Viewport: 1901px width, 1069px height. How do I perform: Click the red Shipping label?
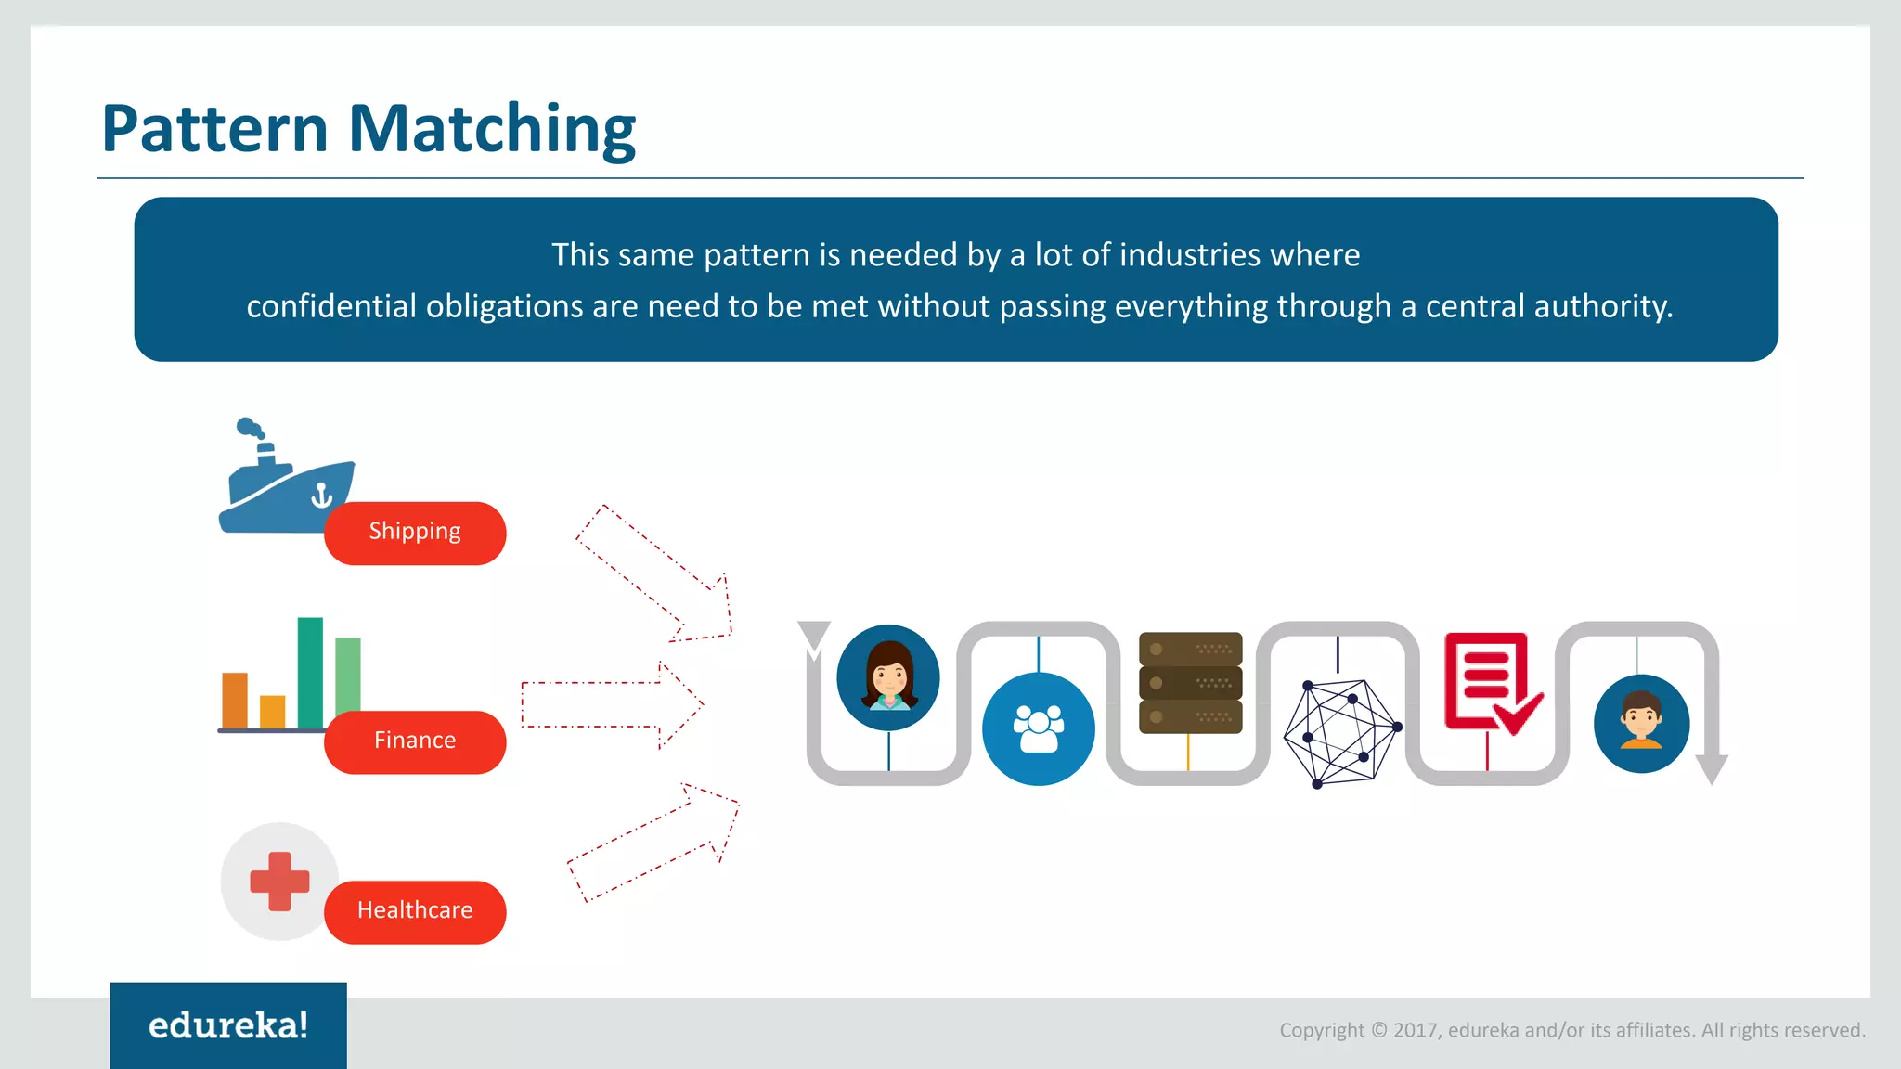coord(415,533)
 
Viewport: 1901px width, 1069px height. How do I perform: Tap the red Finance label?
coord(415,741)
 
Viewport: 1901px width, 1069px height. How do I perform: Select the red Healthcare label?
coord(415,911)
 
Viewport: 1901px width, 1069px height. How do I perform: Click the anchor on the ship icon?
coord(321,496)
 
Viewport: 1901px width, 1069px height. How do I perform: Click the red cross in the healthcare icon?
coord(279,881)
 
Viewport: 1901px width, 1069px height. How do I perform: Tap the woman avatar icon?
coord(888,677)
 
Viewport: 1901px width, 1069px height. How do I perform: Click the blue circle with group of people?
coord(1038,729)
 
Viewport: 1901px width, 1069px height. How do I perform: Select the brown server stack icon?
coord(1190,683)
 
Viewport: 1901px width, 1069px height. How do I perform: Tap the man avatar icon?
coord(1641,724)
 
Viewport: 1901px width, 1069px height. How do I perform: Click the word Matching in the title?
coord(492,129)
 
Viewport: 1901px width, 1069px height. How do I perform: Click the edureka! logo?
coord(228,1025)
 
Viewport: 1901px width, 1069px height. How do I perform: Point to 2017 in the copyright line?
coord(1415,1030)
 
